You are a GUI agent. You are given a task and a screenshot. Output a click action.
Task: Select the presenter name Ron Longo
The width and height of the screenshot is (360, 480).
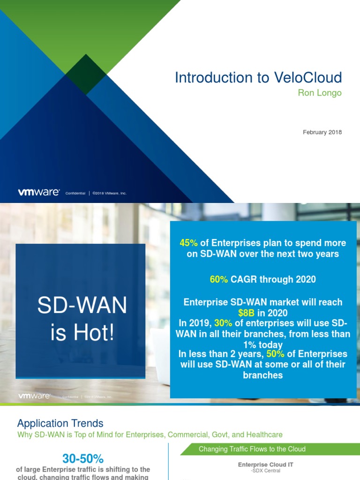[320, 93]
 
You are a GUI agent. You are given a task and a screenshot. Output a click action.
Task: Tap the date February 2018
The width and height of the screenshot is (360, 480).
[322, 132]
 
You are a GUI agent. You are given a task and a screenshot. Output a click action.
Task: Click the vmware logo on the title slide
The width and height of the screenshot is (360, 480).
[38, 192]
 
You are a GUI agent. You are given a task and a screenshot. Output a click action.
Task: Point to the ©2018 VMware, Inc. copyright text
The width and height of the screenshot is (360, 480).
[109, 193]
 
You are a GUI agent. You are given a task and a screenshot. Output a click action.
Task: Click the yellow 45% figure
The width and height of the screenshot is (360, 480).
[189, 243]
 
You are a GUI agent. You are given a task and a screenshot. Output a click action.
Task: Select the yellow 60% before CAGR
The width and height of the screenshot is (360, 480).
[219, 279]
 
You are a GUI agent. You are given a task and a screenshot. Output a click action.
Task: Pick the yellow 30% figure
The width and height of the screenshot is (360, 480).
[224, 323]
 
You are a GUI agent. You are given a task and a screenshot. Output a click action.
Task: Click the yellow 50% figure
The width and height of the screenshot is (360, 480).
[276, 354]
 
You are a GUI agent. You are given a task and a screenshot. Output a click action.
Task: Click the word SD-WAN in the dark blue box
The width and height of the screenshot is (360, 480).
[82, 306]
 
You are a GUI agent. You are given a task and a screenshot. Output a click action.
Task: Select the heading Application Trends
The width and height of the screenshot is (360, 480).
[60, 424]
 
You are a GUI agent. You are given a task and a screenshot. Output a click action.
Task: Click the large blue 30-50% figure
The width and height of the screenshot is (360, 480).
[83, 458]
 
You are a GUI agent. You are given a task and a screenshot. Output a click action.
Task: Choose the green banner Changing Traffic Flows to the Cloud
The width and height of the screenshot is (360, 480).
[252, 449]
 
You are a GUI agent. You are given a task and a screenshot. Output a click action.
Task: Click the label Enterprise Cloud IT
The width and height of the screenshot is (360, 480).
[266, 465]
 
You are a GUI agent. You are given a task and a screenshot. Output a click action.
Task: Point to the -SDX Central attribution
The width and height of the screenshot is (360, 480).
[265, 471]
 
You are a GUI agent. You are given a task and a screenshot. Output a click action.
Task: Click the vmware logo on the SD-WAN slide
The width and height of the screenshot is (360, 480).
[34, 396]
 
